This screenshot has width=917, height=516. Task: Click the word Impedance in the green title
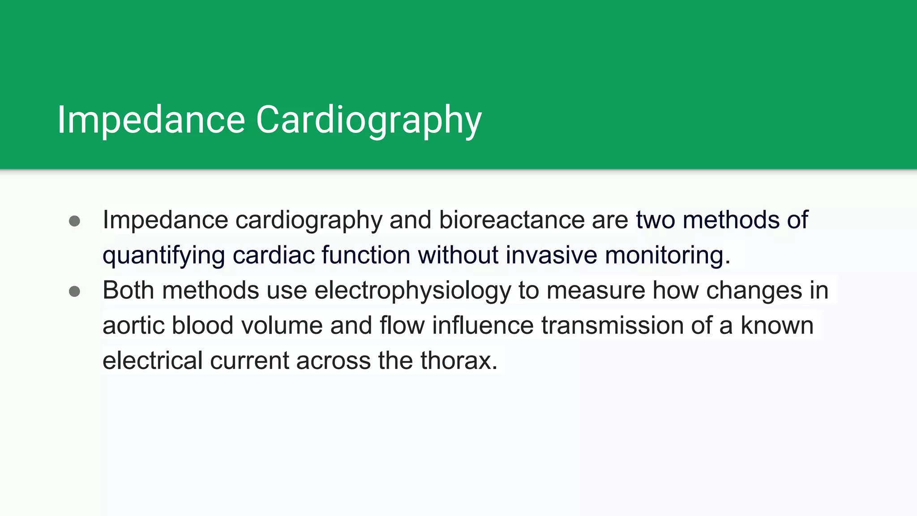point(151,120)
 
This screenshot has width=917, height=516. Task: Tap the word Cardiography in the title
point(369,120)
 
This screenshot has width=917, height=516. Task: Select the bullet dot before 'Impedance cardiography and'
point(75,221)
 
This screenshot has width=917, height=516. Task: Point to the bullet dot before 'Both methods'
point(75,292)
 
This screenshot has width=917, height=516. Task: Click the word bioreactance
point(511,220)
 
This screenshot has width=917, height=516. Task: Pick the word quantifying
point(164,255)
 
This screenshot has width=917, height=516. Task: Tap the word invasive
point(552,255)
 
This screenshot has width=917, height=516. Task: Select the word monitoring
point(667,255)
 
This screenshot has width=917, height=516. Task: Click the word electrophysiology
point(412,290)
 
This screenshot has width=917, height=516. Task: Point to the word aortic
point(133,325)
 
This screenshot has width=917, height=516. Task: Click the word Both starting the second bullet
point(129,290)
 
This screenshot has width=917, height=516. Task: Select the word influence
point(483,325)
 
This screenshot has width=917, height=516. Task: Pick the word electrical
point(152,361)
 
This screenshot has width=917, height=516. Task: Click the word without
point(458,255)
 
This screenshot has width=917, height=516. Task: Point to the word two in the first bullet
point(656,220)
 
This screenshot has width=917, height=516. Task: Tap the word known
point(777,325)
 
